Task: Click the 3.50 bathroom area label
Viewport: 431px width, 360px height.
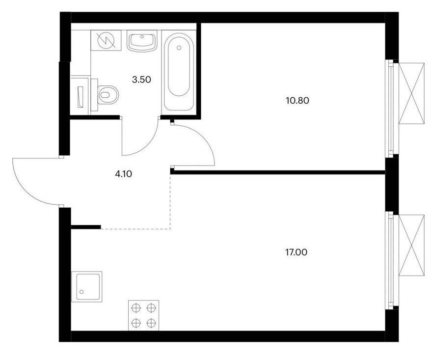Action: [141, 80]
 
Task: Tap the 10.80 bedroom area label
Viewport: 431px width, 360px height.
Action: [297, 101]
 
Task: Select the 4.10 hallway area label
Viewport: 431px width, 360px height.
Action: [124, 174]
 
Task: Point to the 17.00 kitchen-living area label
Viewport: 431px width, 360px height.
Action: [296, 252]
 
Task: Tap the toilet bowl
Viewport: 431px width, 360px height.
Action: [108, 95]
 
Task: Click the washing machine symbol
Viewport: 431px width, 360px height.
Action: [106, 40]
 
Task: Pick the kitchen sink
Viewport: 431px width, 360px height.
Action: [87, 287]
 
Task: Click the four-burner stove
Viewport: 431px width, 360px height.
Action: [143, 315]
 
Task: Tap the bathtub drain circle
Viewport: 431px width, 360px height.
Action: [179, 48]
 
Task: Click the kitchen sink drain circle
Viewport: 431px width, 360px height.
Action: [81, 291]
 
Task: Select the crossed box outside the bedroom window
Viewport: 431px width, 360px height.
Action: [411, 93]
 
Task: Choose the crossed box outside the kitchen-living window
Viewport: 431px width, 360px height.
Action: [411, 245]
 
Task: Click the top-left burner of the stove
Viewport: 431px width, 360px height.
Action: [136, 308]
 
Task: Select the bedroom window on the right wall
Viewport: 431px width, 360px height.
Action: [389, 109]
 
